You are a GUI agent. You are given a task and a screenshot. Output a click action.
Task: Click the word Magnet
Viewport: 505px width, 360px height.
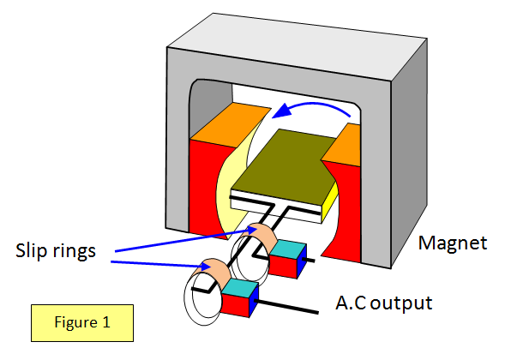[x=453, y=243]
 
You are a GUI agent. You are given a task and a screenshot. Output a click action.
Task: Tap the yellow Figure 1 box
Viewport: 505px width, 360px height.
[x=82, y=322]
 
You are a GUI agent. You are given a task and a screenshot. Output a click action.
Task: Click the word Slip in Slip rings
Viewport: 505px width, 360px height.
[x=30, y=251]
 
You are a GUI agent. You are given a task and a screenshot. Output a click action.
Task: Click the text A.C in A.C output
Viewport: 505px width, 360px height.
[x=351, y=303]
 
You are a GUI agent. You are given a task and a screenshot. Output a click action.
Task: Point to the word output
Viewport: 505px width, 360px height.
[x=401, y=303]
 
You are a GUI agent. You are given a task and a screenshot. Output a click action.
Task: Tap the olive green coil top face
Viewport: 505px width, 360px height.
[x=284, y=165]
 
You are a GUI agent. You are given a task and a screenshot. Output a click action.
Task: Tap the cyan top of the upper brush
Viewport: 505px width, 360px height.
[x=288, y=249]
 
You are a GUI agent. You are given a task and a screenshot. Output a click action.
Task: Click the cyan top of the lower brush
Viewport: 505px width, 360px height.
[x=240, y=288]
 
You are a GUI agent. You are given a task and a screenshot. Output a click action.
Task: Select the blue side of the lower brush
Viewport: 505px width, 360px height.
[x=254, y=301]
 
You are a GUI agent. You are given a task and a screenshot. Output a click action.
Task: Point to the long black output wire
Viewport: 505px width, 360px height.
[x=286, y=306]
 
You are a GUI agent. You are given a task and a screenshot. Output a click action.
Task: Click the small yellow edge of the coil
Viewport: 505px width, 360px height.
[x=330, y=201]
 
